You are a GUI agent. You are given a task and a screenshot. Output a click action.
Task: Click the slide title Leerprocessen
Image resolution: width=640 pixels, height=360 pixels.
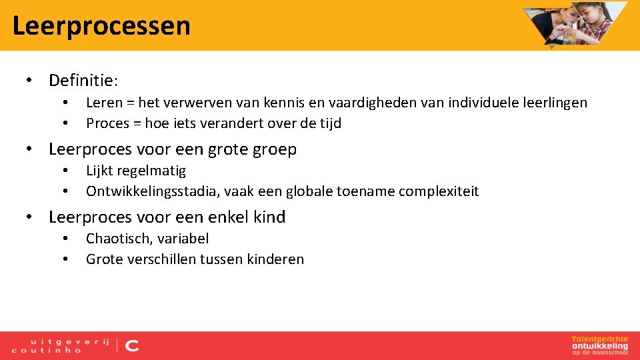101,26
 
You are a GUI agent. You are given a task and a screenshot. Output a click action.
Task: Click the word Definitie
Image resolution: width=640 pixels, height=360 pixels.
81,81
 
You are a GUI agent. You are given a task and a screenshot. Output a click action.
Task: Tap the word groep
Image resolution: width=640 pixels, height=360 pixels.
275,149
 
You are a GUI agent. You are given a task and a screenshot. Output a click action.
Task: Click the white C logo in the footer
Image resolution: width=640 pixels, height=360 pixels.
132,345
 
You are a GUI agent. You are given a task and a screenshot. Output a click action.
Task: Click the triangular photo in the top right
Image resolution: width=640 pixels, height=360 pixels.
575,23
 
